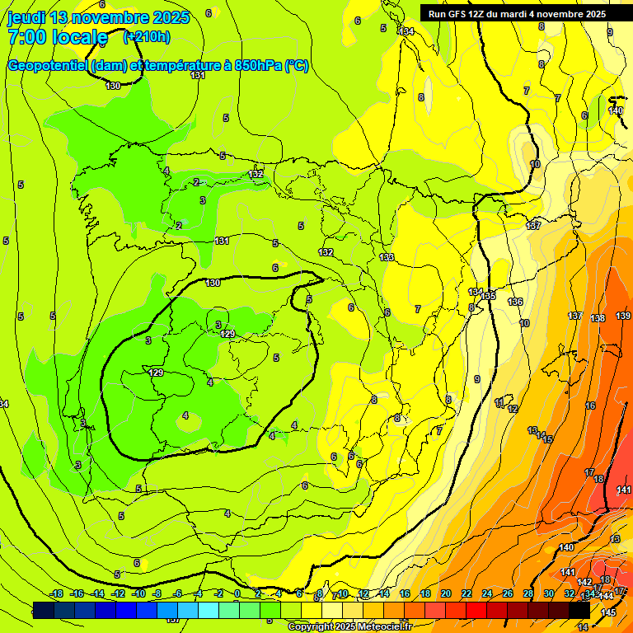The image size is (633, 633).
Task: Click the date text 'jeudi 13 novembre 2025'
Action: (98, 17)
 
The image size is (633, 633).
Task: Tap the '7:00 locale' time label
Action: (57, 37)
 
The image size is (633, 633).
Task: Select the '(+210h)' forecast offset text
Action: (147, 36)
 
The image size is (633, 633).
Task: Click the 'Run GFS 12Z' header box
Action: (516, 13)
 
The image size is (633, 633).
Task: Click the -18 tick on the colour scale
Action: (56, 594)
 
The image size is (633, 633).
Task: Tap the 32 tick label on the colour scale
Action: (569, 594)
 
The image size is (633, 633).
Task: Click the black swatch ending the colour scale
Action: (579, 610)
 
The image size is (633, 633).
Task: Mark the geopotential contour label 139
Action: (622, 316)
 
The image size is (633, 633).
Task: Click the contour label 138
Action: (598, 318)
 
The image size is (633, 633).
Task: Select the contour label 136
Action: (515, 302)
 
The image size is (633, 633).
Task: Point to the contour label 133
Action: (387, 258)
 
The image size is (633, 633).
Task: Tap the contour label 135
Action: (490, 296)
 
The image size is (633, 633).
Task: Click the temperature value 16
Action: (590, 406)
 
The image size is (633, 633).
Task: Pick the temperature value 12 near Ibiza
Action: (512, 409)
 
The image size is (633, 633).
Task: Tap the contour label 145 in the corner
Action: (608, 612)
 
